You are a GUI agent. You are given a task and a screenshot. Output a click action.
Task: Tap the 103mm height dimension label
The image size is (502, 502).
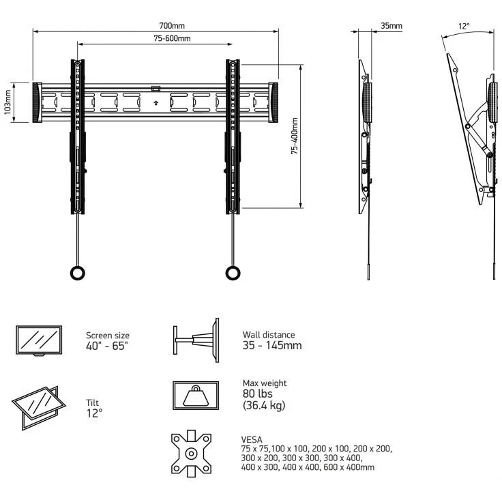(8, 103)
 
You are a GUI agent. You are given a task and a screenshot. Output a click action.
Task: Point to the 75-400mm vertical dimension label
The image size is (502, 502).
(294, 136)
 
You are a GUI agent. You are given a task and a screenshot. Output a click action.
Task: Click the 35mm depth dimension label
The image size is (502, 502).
(391, 26)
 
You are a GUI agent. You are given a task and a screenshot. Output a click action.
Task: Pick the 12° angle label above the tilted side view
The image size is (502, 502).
(464, 26)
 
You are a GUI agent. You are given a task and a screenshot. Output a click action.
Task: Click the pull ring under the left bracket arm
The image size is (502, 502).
(78, 273)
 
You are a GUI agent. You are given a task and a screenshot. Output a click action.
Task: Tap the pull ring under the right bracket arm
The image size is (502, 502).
(233, 273)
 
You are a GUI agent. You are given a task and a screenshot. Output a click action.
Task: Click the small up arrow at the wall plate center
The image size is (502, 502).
(156, 103)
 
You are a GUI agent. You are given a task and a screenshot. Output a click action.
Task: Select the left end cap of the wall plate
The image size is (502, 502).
(37, 103)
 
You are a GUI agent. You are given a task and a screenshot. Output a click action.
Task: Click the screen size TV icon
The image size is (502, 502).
(39, 340)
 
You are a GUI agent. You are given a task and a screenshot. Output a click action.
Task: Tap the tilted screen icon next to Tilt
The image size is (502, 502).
(39, 407)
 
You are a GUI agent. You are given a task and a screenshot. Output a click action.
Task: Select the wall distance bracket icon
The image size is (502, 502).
(194, 339)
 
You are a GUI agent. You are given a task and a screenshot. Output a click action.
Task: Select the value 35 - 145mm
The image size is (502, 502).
(272, 345)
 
